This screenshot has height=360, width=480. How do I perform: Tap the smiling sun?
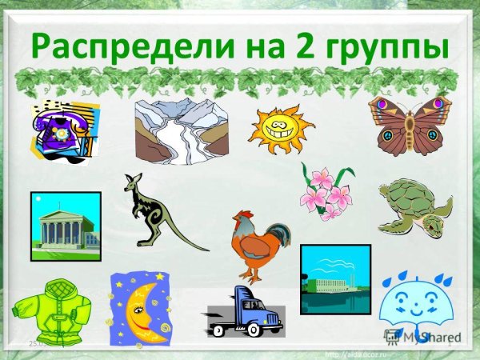click(282, 128)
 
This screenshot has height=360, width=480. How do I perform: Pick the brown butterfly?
click(405, 125)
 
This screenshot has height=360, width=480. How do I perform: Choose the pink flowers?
click(326, 192)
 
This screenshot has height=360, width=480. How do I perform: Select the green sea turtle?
click(414, 206)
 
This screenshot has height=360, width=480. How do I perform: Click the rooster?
click(257, 242)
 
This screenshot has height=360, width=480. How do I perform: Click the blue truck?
click(246, 312)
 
